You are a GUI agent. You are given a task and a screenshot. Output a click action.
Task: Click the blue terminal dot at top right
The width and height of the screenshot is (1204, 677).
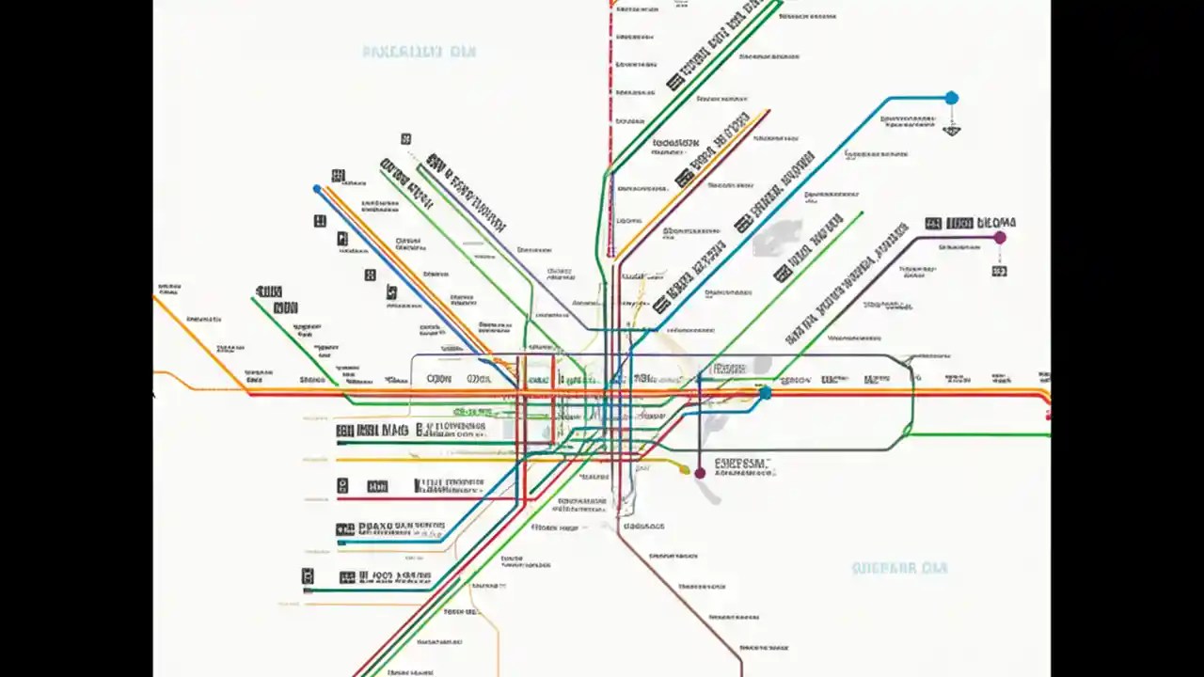[x=951, y=98]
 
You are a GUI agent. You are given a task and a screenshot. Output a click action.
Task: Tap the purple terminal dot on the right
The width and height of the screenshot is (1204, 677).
[x=1000, y=238]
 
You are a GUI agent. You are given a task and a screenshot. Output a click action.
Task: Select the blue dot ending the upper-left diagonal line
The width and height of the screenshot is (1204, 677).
[x=317, y=189]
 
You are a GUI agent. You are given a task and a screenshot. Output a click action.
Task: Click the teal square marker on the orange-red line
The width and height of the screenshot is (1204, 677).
[x=766, y=392]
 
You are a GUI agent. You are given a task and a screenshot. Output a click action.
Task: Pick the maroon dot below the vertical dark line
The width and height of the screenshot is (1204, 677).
[x=700, y=473]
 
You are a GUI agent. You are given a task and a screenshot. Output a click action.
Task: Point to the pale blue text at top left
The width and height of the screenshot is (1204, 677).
[x=419, y=52]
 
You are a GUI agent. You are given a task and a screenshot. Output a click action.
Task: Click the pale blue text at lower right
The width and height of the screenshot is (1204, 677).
[x=899, y=568]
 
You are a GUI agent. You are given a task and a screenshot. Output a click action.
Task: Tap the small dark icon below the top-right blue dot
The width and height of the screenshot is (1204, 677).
[x=951, y=130]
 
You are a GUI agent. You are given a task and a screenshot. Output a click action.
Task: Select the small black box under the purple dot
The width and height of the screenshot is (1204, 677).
[x=999, y=271]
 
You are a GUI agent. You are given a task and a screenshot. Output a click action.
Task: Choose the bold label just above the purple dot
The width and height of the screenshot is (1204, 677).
[x=971, y=223]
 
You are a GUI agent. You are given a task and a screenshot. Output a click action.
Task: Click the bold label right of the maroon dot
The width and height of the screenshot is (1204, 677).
[x=742, y=464]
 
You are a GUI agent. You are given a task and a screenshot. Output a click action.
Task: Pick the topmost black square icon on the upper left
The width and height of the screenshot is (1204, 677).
[x=405, y=139]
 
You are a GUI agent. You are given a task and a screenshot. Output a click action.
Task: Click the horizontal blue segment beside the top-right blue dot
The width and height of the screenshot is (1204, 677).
[x=917, y=97]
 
